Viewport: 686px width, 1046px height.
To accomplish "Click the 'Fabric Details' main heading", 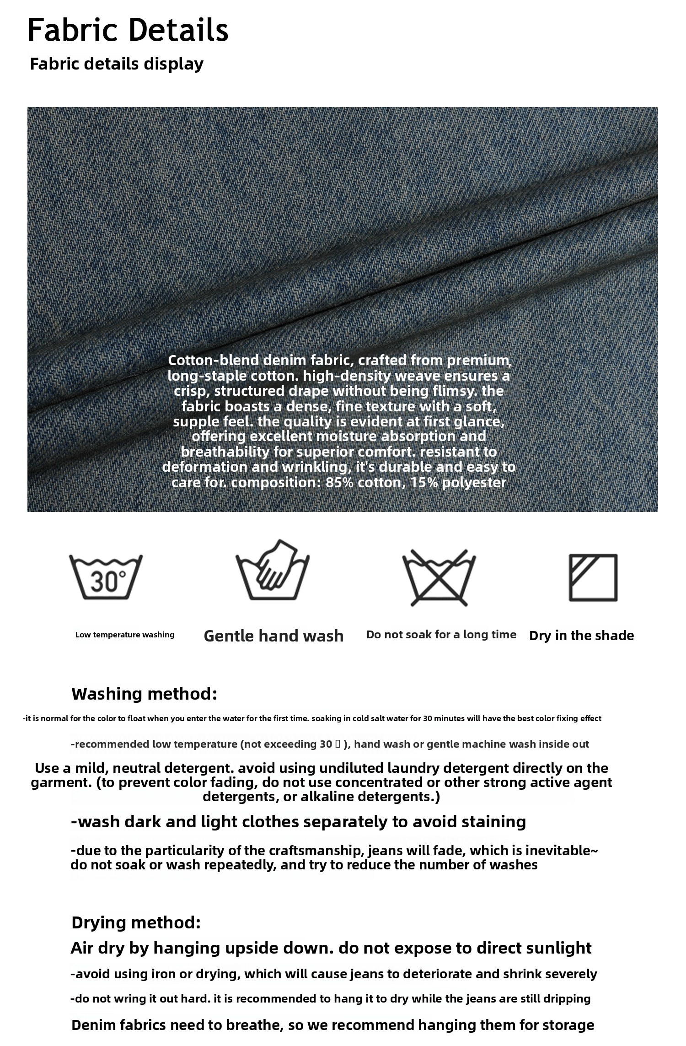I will tap(128, 30).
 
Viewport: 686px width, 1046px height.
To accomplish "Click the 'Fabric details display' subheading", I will tap(117, 64).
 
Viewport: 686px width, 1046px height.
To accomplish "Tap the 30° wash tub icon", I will tap(106, 577).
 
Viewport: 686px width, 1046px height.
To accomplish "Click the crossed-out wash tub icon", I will tap(439, 577).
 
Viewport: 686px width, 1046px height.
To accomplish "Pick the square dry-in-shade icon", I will tap(593, 577).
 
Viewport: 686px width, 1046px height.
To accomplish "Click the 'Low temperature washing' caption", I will tap(125, 635).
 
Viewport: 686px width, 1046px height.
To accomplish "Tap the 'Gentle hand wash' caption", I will tap(273, 636).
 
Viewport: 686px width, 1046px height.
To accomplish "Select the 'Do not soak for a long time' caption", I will tap(441, 635).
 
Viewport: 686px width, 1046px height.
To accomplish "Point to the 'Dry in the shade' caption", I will tap(581, 636).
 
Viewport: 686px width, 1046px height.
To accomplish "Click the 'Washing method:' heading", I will tap(144, 694).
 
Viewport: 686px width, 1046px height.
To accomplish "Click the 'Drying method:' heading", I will tap(136, 922).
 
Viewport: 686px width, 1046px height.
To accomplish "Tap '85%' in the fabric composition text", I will tap(339, 482).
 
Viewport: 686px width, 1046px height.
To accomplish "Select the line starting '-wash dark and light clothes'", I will tap(298, 822).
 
